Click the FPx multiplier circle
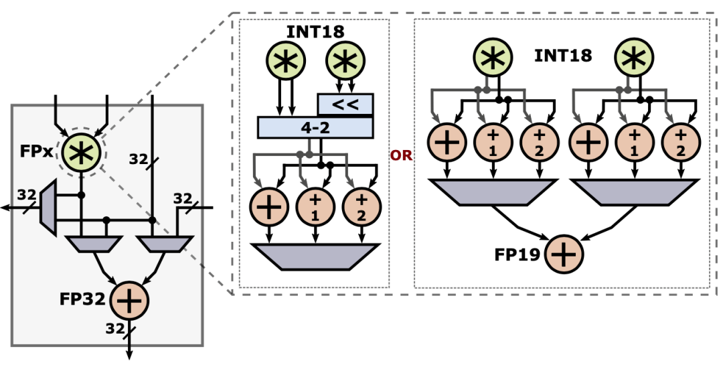[81, 153]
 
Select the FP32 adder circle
[130, 301]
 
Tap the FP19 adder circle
[564, 254]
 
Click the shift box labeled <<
[345, 104]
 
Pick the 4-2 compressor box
[315, 128]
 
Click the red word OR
[401, 155]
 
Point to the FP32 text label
[82, 299]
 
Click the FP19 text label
[517, 254]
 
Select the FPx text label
[36, 151]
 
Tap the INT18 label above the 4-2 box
[315, 32]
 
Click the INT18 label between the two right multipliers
[563, 56]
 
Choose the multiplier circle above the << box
[345, 61]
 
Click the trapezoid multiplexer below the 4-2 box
[315, 256]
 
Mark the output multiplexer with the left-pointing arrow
[48, 208]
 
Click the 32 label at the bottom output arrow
[115, 329]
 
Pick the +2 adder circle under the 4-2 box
[361, 206]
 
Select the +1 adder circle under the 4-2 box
[315, 206]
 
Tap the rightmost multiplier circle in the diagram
[634, 58]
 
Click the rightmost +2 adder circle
[681, 142]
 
